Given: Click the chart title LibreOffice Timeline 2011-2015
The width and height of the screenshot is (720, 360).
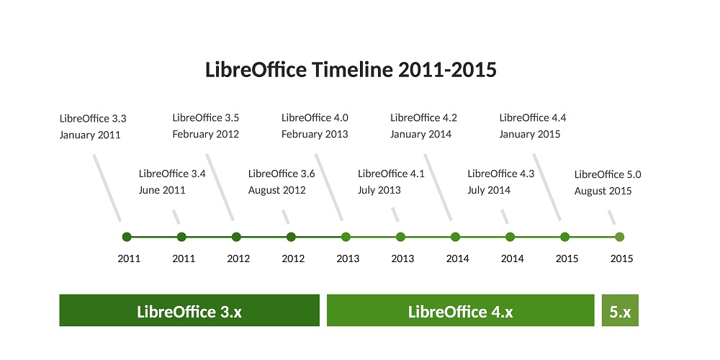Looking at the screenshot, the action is point(351,70).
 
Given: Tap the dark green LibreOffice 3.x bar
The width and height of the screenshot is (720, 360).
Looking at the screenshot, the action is point(189,310).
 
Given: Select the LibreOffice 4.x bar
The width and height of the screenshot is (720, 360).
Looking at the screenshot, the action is point(461,310).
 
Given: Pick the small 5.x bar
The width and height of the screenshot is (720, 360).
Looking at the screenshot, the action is point(620,310).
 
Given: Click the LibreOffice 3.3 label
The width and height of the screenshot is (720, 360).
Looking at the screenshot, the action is point(93,119).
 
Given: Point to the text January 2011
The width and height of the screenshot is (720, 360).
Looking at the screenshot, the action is point(90,135).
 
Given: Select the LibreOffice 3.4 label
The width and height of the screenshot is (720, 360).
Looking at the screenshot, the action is point(172,174).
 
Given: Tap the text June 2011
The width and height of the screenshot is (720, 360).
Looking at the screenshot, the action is point(162,190).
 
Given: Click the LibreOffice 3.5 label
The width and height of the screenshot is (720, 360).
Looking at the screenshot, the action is point(206,117).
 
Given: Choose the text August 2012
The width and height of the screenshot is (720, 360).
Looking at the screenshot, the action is point(277,190).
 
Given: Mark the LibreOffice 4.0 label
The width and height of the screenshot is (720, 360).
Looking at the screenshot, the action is point(315,117).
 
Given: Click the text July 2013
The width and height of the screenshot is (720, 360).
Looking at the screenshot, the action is point(379,190).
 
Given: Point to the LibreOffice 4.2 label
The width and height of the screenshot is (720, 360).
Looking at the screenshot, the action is point(424,117).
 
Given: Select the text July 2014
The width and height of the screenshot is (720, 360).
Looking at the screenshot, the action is point(489,190).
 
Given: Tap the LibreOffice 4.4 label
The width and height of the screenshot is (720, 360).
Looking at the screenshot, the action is point(533,117).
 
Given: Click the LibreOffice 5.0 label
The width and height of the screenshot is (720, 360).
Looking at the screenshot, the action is point(608,174).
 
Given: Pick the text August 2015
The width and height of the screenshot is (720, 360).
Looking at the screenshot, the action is point(603,191).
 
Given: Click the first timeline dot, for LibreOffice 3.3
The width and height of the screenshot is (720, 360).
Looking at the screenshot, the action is point(127,237).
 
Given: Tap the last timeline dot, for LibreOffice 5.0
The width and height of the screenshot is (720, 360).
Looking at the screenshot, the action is point(619,237).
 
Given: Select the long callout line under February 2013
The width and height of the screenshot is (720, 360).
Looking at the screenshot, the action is point(329,187).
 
